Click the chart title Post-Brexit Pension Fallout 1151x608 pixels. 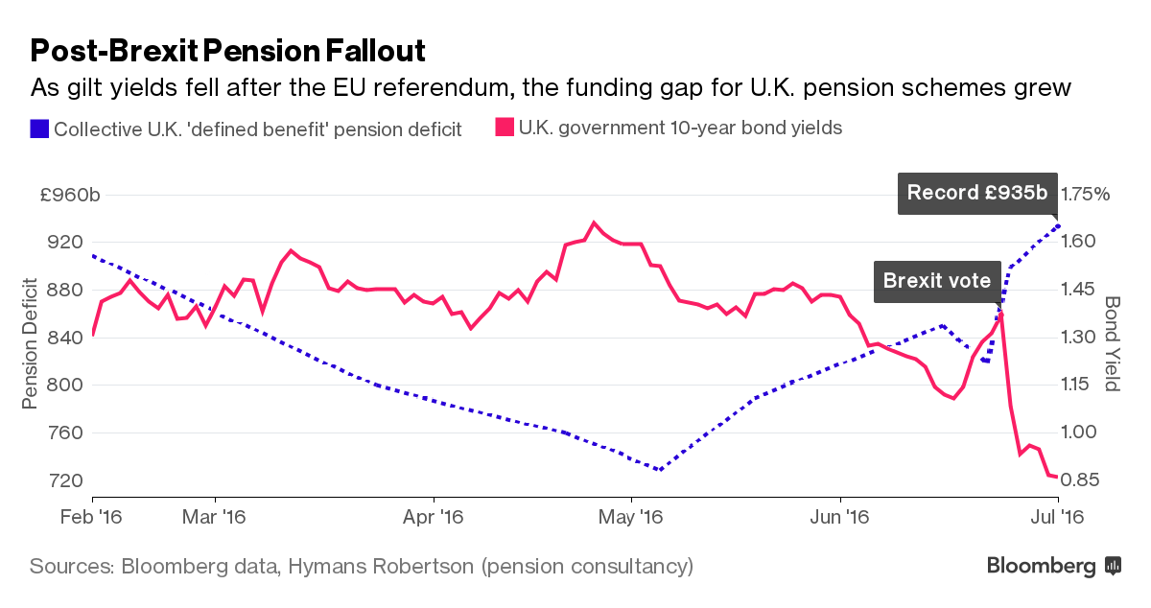pyautogui.click(x=228, y=50)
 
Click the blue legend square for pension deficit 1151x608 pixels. pyautogui.click(x=39, y=128)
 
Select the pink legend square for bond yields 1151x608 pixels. pyautogui.click(x=504, y=128)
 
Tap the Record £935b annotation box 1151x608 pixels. pyautogui.click(x=976, y=192)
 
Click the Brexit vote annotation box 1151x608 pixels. pyautogui.click(x=936, y=281)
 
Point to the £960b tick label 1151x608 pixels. pyautogui.click(x=69, y=195)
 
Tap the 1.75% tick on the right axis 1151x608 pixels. pyautogui.click(x=1084, y=195)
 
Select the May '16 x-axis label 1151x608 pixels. pyautogui.click(x=631, y=516)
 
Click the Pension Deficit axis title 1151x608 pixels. pyautogui.click(x=31, y=342)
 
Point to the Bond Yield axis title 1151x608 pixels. pyautogui.click(x=1113, y=342)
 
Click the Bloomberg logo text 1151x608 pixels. pyautogui.click(x=1042, y=566)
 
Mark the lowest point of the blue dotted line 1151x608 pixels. pyautogui.click(x=659, y=470)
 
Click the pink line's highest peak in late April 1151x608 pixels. pyautogui.click(x=595, y=222)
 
